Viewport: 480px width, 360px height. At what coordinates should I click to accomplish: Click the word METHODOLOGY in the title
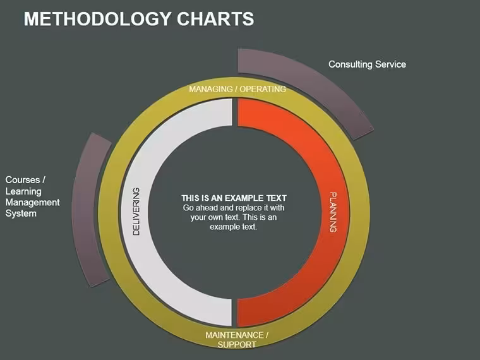(97, 19)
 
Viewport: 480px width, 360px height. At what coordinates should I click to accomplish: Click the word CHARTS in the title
(215, 19)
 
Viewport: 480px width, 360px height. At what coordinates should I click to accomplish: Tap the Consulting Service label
(367, 64)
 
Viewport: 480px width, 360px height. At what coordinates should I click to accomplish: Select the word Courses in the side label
(23, 180)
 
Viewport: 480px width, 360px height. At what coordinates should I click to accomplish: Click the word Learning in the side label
(23, 191)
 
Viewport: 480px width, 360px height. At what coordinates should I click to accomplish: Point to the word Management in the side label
(32, 202)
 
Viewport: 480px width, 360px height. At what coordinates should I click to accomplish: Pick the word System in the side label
(21, 213)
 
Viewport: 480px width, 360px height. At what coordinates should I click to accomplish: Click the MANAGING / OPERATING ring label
(237, 89)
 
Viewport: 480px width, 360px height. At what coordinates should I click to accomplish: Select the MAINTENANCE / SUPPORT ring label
(237, 340)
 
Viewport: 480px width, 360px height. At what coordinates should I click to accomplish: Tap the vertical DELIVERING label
(136, 211)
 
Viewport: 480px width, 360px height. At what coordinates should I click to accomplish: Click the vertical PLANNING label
(333, 212)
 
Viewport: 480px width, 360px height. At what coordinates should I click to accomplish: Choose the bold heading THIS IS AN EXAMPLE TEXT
(234, 198)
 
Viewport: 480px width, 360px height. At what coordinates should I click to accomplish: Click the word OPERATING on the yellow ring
(263, 89)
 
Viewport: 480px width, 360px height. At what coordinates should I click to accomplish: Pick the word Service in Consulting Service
(390, 64)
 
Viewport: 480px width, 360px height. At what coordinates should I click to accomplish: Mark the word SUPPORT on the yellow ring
(237, 344)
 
